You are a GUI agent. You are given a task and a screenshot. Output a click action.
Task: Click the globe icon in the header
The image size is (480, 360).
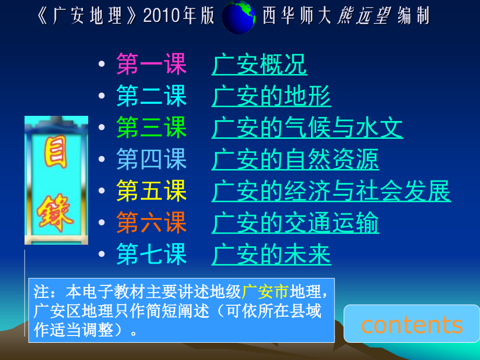238,17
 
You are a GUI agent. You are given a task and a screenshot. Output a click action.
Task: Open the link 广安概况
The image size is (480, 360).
259,65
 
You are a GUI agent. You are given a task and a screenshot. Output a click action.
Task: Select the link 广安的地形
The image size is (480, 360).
271,97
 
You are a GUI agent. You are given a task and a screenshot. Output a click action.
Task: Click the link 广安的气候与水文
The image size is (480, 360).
307,128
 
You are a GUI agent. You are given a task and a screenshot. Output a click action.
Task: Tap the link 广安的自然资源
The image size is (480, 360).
295,160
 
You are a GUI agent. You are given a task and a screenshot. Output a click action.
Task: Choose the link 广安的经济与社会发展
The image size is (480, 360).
331,192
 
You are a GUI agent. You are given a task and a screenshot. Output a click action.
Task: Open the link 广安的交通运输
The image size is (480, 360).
295,224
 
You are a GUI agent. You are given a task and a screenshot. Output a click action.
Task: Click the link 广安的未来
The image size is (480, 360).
271,255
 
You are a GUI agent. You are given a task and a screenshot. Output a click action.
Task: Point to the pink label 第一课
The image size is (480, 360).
151,65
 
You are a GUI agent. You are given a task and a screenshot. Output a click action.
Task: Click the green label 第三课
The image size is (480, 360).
151,128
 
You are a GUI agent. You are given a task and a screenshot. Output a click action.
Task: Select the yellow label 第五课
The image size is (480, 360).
151,192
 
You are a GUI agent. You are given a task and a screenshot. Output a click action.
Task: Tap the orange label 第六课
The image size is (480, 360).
151,224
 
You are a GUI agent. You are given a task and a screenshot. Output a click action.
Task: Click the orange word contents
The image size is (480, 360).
412,325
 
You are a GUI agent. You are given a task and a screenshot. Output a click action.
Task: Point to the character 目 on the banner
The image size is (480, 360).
55,155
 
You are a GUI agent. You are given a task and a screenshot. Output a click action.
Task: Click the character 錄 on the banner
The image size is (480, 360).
55,211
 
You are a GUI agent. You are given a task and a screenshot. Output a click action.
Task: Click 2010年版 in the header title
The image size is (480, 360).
179,17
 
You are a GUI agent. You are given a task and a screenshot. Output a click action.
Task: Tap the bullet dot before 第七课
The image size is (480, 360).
102,256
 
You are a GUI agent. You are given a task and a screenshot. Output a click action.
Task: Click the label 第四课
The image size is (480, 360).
151,160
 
